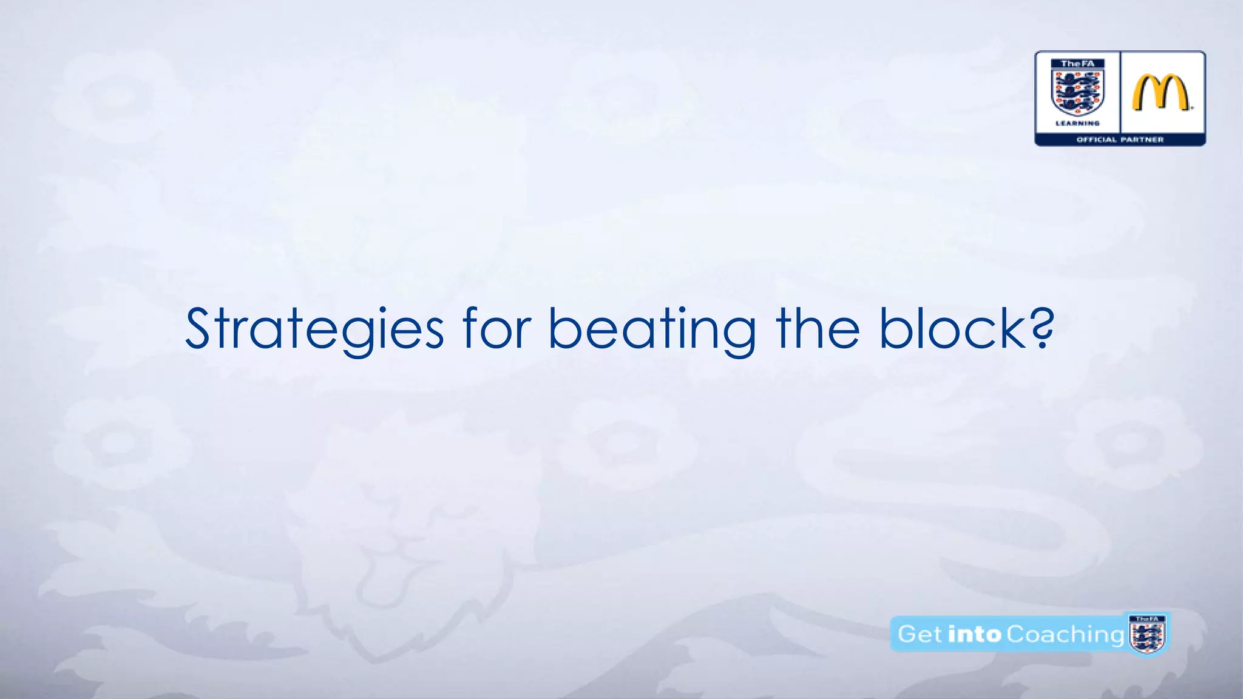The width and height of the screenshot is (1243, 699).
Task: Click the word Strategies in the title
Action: click(314, 329)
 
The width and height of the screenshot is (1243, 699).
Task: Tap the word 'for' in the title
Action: click(497, 329)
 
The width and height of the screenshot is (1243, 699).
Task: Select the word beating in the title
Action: click(652, 329)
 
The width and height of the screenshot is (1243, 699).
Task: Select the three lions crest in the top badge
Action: click(1077, 93)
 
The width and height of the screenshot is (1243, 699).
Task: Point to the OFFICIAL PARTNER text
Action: click(1120, 140)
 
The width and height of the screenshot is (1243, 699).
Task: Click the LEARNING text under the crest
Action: click(1077, 123)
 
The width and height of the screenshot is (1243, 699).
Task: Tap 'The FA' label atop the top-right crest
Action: click(1077, 64)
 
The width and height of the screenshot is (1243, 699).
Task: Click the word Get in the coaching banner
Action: click(920, 634)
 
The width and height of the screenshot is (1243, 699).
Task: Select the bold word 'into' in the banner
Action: click(974, 634)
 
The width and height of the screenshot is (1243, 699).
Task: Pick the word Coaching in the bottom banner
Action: click(1065, 634)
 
